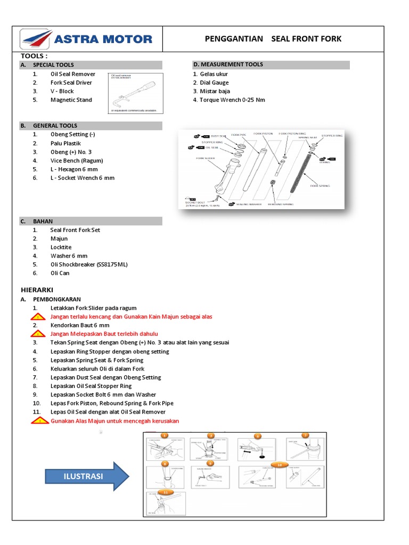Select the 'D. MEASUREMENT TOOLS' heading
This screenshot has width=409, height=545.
click(x=228, y=64)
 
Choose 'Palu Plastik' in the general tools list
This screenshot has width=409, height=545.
click(x=66, y=143)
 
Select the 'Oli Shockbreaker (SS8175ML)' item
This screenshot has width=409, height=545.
click(x=89, y=265)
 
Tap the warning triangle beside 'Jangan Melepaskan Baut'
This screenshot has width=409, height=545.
click(x=37, y=334)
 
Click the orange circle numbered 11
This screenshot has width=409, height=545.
click(x=166, y=493)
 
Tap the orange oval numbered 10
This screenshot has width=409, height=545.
click(x=279, y=465)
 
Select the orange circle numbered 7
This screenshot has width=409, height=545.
click(x=305, y=435)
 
